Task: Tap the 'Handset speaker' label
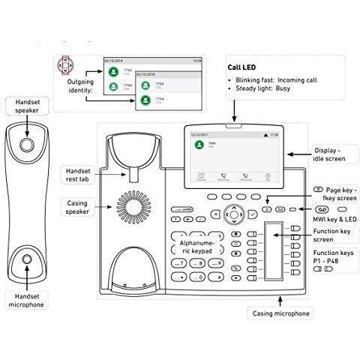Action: point(27,106)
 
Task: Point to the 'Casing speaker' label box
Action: point(77,207)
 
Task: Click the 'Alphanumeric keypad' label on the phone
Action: point(197,248)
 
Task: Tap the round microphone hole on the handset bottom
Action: point(27,259)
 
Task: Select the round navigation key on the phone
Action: point(235,214)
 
